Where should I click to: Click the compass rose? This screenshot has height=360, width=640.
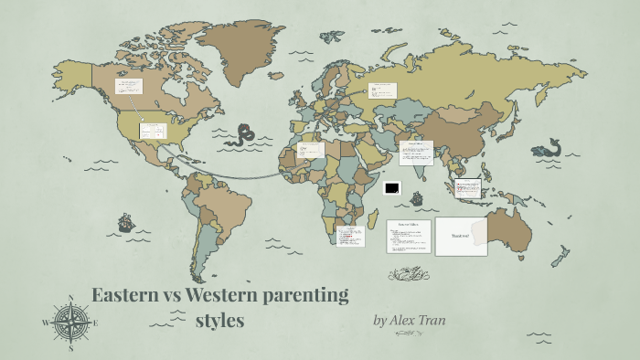point(70,322)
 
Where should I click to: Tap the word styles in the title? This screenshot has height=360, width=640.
point(219,322)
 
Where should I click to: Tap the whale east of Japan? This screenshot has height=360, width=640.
point(549,146)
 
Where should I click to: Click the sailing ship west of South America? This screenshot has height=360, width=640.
point(125,223)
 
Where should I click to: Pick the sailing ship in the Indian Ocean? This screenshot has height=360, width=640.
point(417,197)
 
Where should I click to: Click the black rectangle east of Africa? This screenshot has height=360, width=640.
point(392,187)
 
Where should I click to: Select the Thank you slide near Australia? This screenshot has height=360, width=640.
point(461,236)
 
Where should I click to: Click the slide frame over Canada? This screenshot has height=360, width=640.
point(128,88)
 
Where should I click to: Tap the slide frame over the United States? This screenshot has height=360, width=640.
point(153,130)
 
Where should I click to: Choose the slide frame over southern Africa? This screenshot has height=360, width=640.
point(349,237)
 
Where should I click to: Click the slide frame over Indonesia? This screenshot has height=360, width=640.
point(468,188)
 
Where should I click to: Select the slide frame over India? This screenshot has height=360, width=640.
point(416,152)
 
